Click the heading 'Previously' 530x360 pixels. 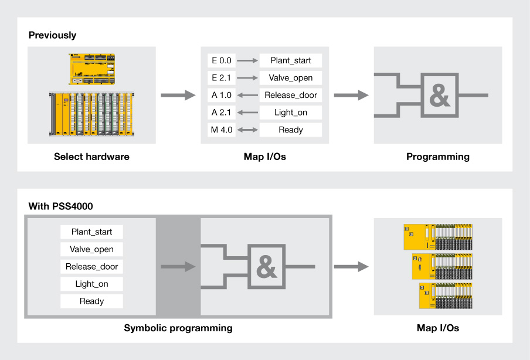pos(52,35)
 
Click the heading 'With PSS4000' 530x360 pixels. pos(60,206)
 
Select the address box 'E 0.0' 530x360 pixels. pos(221,60)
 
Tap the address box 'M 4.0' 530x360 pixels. pos(221,130)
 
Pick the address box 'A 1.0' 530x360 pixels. pos(221,95)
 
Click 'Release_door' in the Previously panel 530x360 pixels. pos(291,95)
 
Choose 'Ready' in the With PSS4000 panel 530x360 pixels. pos(91,301)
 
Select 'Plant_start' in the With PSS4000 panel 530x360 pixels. pos(91,232)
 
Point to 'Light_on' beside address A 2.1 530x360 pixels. pos(291,113)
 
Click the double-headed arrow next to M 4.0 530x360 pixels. pos(248,130)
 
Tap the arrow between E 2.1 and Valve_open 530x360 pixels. pos(248,78)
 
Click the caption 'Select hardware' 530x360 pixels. pos(91,157)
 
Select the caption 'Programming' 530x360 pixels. pos(438,157)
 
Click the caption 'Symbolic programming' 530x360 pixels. pos(178,328)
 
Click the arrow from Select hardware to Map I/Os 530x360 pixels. pos(178,95)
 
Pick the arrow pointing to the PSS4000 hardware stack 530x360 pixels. pos(351,267)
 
